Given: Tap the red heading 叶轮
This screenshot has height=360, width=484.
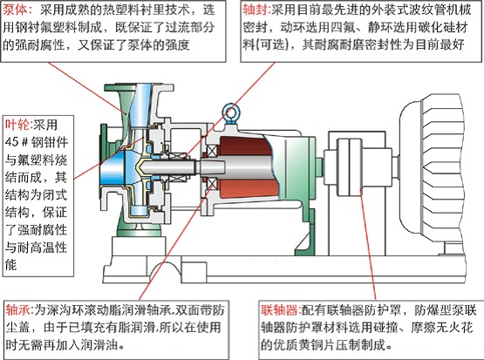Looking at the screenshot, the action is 17,125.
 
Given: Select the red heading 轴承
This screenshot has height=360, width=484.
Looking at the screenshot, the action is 18,310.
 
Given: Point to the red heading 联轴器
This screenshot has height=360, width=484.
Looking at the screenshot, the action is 279,310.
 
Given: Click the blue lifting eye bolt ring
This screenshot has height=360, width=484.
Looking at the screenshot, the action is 230,110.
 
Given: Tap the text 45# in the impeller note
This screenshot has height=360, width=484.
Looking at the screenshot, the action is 17,142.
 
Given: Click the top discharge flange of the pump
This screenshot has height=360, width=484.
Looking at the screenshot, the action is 139,87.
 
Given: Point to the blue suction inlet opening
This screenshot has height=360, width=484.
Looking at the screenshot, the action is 112,168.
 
